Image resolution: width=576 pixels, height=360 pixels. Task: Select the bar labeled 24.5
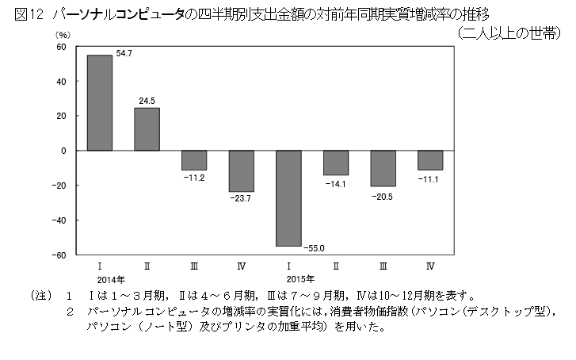click(x=147, y=129)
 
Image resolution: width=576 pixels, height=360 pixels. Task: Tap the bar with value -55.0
click(x=288, y=198)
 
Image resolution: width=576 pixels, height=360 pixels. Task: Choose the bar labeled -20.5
click(x=383, y=168)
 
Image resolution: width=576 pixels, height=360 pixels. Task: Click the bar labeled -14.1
click(x=336, y=163)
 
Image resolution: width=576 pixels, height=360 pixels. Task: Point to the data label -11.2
click(x=194, y=178)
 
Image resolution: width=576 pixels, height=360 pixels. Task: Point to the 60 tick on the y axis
click(x=60, y=47)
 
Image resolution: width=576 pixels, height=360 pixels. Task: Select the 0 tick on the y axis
click(x=63, y=151)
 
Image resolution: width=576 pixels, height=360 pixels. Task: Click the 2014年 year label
click(x=106, y=279)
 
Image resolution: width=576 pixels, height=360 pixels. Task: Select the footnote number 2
click(x=71, y=312)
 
